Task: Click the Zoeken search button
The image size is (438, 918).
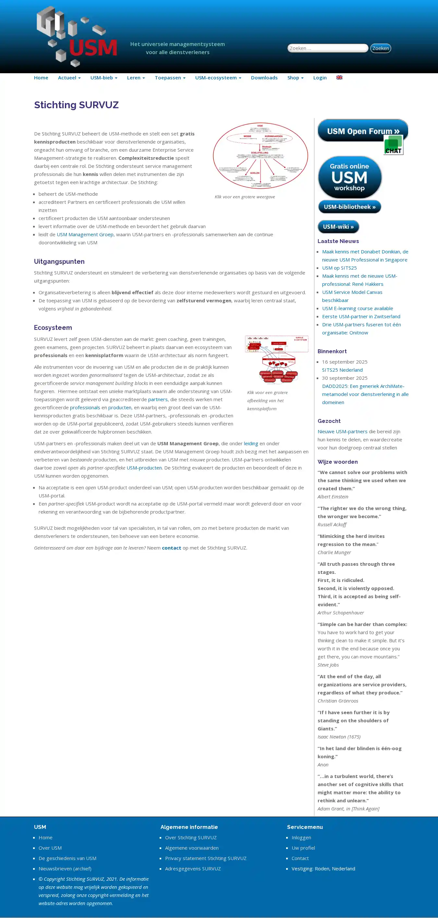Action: click(x=381, y=48)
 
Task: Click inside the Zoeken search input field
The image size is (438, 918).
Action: click(x=327, y=48)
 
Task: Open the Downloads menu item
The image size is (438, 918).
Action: click(x=264, y=78)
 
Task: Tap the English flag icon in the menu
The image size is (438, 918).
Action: click(x=339, y=77)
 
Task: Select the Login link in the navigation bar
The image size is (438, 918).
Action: click(x=320, y=78)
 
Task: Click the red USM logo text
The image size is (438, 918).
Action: click(x=93, y=48)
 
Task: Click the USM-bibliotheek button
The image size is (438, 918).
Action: click(x=349, y=207)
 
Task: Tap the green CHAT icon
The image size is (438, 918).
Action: click(x=394, y=145)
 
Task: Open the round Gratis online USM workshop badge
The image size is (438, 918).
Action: click(x=349, y=177)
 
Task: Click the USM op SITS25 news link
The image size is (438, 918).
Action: click(x=339, y=268)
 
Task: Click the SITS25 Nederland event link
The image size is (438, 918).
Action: click(x=342, y=370)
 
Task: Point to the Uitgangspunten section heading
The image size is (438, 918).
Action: click(x=59, y=261)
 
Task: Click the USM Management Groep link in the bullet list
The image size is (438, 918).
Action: click(x=85, y=234)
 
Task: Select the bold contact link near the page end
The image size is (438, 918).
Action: click(x=172, y=548)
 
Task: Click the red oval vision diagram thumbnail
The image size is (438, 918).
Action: click(x=261, y=156)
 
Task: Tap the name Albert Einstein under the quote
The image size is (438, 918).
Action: click(x=333, y=496)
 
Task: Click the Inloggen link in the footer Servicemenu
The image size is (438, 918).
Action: click(x=301, y=837)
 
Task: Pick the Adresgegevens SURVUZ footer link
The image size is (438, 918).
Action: click(x=193, y=868)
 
